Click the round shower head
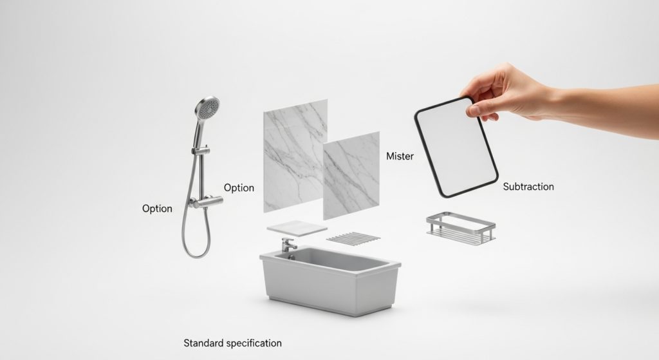(x=208, y=107)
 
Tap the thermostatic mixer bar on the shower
(x=205, y=202)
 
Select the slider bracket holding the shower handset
(x=201, y=149)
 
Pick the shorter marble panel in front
(x=351, y=175)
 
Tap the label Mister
(x=400, y=156)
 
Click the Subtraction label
(x=528, y=186)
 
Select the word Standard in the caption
(x=203, y=343)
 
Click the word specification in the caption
(x=254, y=343)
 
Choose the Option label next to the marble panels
(x=239, y=188)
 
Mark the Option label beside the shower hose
(x=157, y=209)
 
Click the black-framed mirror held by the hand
(x=456, y=147)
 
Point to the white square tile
(x=297, y=228)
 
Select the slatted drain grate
(x=353, y=238)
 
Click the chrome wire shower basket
(x=461, y=228)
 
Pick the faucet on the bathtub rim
(x=289, y=245)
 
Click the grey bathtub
(x=330, y=279)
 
